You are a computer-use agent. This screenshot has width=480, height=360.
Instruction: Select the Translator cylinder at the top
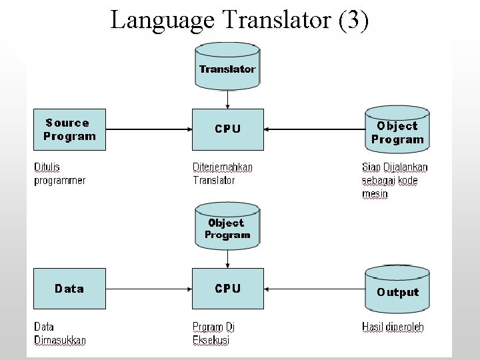(227, 66)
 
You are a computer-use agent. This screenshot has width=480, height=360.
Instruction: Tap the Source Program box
(70, 129)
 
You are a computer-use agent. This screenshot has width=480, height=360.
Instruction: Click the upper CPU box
(227, 129)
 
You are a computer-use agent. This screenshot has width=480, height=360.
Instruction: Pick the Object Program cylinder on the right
(397, 132)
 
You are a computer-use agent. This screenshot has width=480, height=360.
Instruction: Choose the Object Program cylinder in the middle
(227, 227)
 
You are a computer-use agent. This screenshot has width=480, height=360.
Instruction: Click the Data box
(70, 289)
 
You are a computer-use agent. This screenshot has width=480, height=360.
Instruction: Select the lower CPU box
(227, 289)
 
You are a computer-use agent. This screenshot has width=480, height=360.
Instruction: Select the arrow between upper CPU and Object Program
(313, 129)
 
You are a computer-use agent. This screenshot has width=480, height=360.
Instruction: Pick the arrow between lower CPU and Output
(313, 289)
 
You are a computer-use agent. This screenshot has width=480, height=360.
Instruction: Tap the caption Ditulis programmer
(60, 173)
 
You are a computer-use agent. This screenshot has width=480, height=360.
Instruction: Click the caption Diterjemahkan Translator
(223, 173)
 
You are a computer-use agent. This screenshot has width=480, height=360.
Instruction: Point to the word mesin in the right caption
(375, 194)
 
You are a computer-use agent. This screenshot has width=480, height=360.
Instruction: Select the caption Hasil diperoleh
(393, 327)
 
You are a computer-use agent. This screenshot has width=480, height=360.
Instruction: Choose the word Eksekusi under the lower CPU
(211, 340)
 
